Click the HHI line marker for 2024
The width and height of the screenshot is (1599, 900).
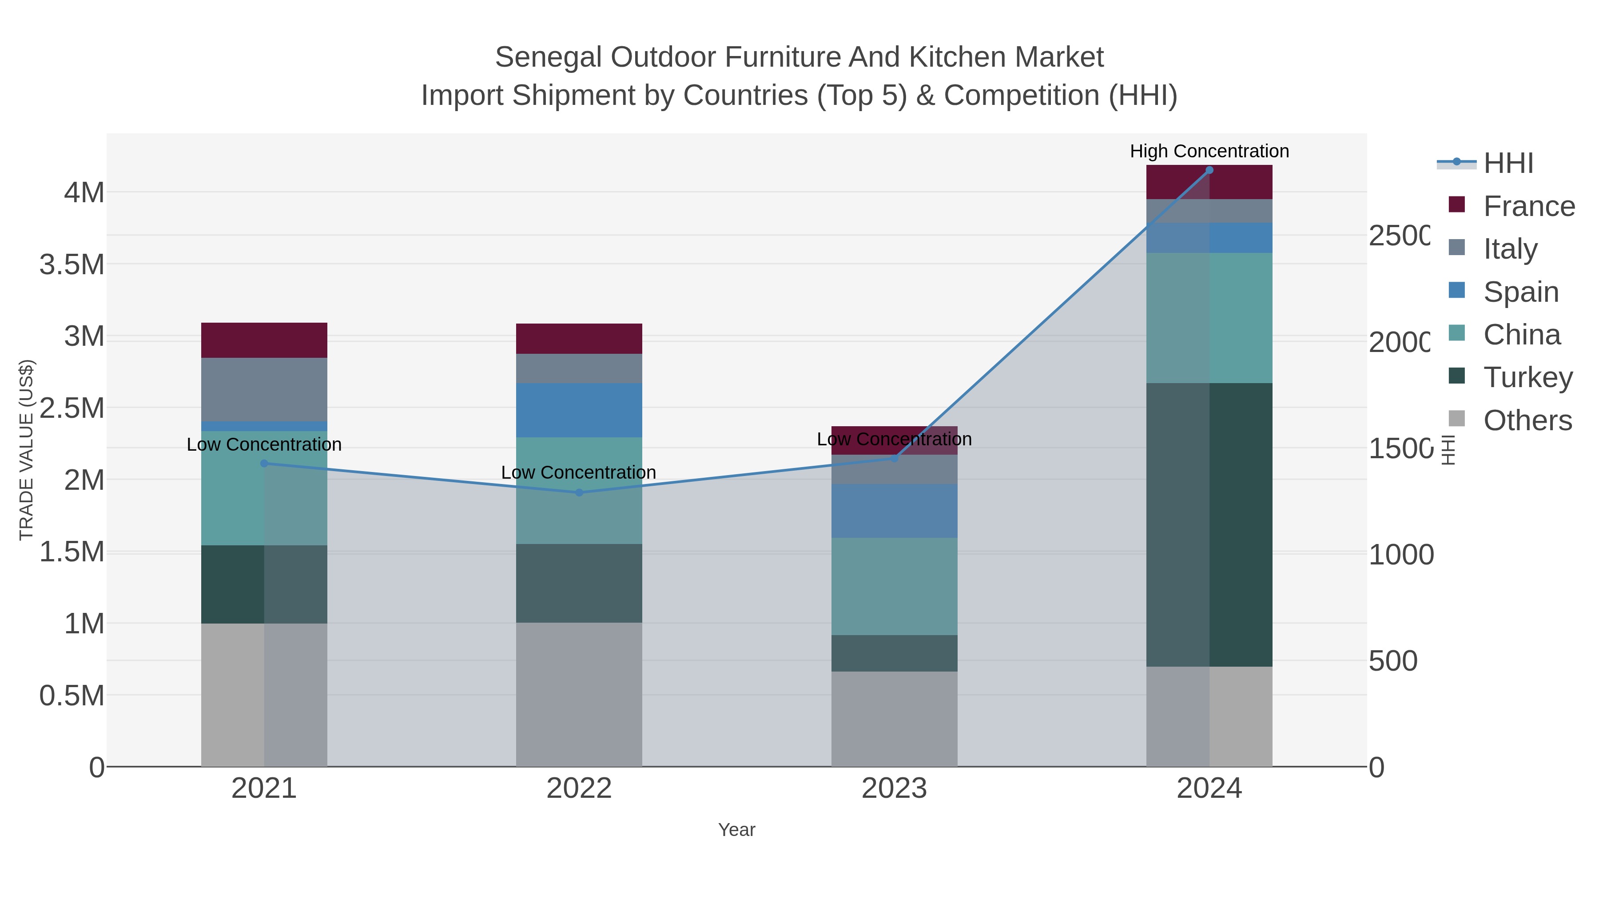point(1209,170)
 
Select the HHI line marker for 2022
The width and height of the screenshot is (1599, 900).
point(579,492)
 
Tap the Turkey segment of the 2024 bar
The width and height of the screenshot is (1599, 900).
point(1209,525)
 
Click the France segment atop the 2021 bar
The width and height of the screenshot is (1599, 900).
point(264,340)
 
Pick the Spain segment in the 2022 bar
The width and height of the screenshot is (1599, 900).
point(579,410)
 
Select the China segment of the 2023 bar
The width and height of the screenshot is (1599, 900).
point(894,586)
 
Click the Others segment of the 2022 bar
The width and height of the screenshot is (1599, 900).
point(579,694)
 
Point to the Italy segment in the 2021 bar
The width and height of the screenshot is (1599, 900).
point(264,389)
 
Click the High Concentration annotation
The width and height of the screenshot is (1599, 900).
point(1209,151)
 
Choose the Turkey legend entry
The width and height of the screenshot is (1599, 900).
point(1527,377)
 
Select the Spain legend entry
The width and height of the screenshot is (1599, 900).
point(1520,291)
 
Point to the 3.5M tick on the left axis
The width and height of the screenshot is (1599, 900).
point(72,264)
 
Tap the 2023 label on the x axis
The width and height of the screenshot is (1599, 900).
point(894,788)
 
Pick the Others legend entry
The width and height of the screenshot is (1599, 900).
point(1527,420)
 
